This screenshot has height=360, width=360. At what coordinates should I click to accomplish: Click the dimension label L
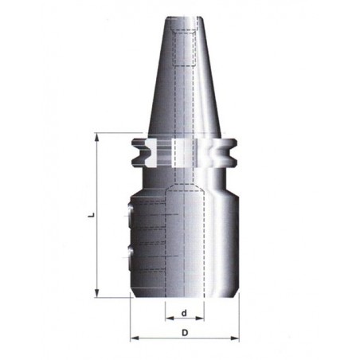[x=92, y=215]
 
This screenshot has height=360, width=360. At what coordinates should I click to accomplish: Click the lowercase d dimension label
[x=184, y=313]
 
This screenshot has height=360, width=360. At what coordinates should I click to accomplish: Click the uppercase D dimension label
[x=185, y=333]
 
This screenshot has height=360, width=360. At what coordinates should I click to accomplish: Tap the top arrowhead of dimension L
[x=97, y=138]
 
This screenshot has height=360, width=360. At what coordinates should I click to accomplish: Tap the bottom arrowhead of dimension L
[x=97, y=293]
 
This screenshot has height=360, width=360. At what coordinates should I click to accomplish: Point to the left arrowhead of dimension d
[x=170, y=318]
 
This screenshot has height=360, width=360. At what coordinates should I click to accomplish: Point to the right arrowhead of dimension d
[x=200, y=318]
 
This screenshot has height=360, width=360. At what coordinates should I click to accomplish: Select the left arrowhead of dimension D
[x=135, y=338]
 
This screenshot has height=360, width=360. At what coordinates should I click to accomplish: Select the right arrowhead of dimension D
[x=235, y=338]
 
